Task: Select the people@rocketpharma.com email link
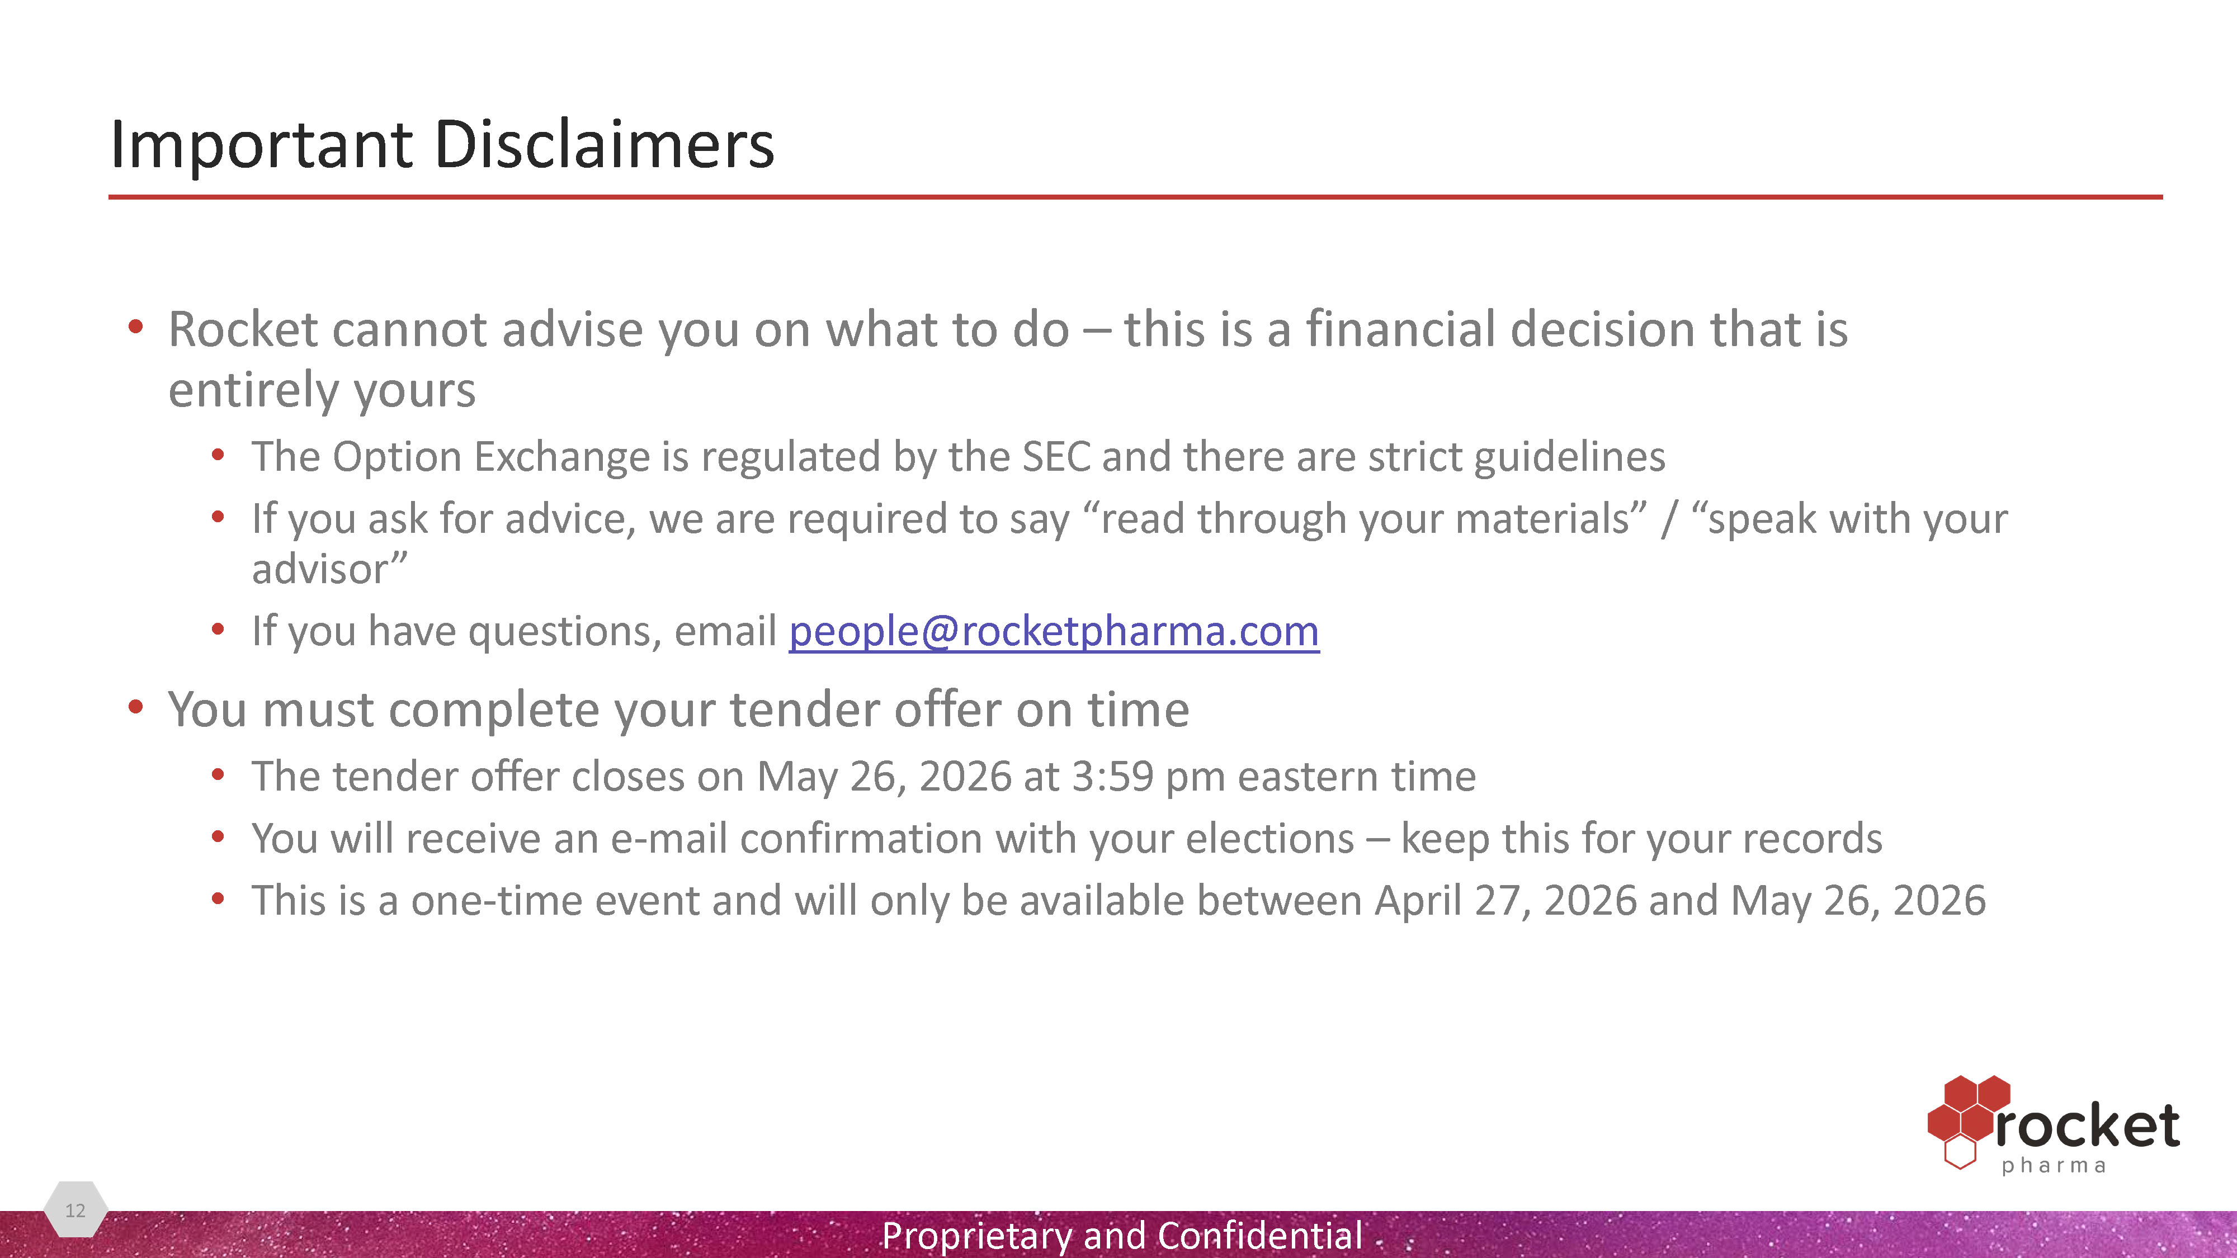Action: click(x=1054, y=631)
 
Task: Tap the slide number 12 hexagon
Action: click(x=75, y=1209)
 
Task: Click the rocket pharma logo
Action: click(x=2054, y=1125)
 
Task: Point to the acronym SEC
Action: click(x=1056, y=457)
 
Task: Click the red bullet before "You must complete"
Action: click(x=135, y=708)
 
